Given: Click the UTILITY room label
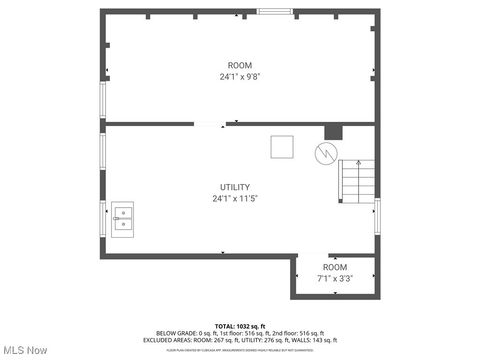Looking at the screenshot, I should (235, 187).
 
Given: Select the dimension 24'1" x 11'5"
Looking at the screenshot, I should (235, 198).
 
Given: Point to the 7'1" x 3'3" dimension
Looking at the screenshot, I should (335, 279).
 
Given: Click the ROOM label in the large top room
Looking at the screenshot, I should (239, 65).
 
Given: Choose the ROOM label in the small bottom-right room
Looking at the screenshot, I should (335, 268).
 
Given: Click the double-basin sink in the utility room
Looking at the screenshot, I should (123, 217).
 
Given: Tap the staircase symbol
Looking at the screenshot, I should (356, 181).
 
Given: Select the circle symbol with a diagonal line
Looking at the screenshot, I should (326, 154).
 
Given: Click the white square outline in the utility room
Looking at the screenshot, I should (282, 147).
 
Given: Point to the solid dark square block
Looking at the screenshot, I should (333, 131).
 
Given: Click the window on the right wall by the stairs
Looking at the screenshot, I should (377, 214).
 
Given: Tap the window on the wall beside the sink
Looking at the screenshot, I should (102, 217).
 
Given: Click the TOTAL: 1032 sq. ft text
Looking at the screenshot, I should (239, 326).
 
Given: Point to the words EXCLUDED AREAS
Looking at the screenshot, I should (171, 340).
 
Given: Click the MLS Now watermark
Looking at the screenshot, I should (25, 350).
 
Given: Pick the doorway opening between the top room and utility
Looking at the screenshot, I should (209, 124).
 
